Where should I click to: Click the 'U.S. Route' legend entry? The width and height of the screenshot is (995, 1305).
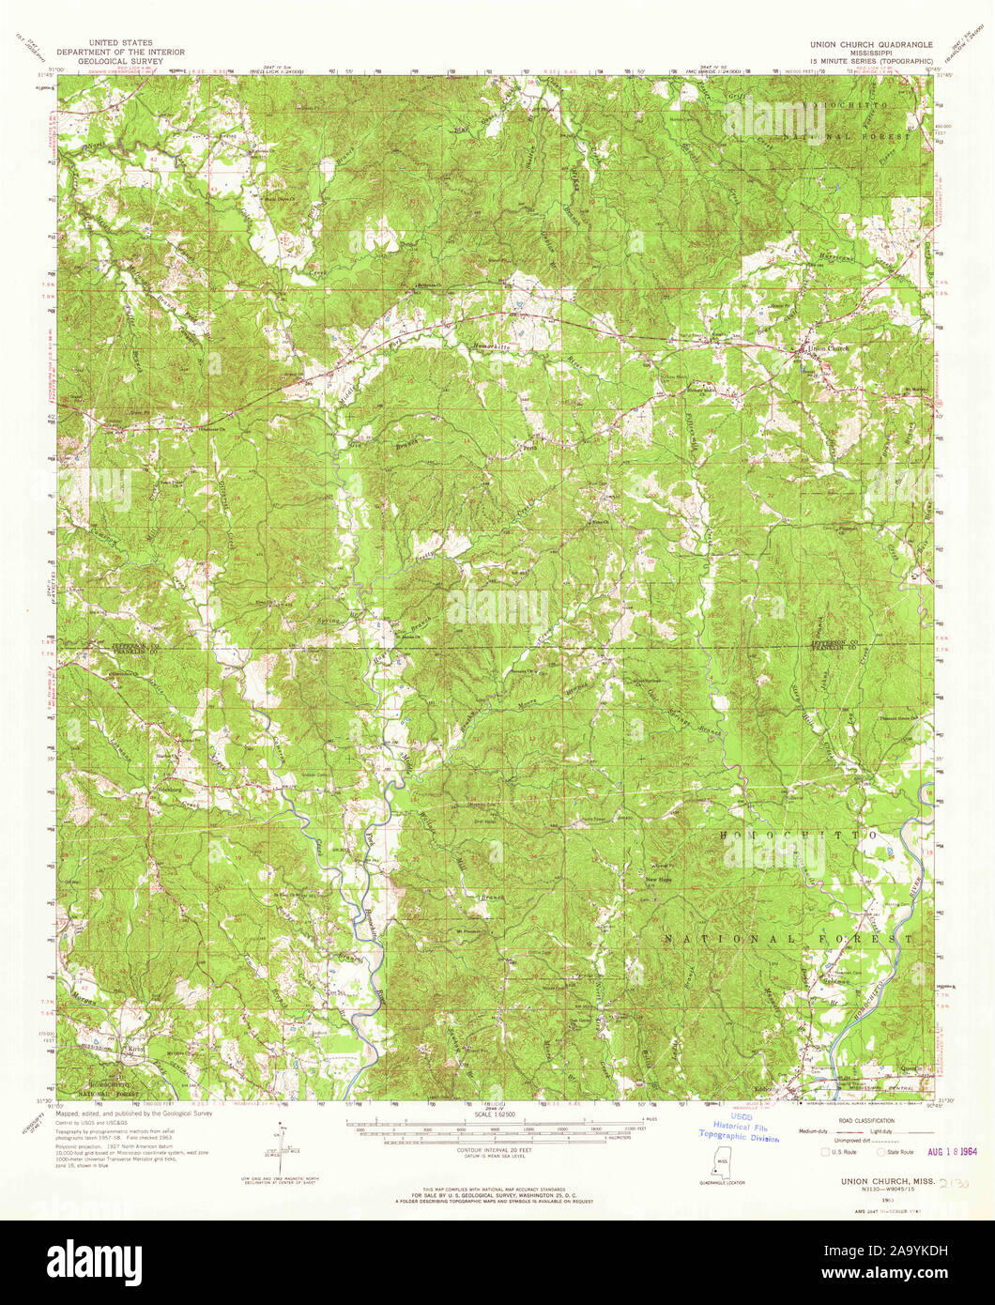click(x=838, y=1150)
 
